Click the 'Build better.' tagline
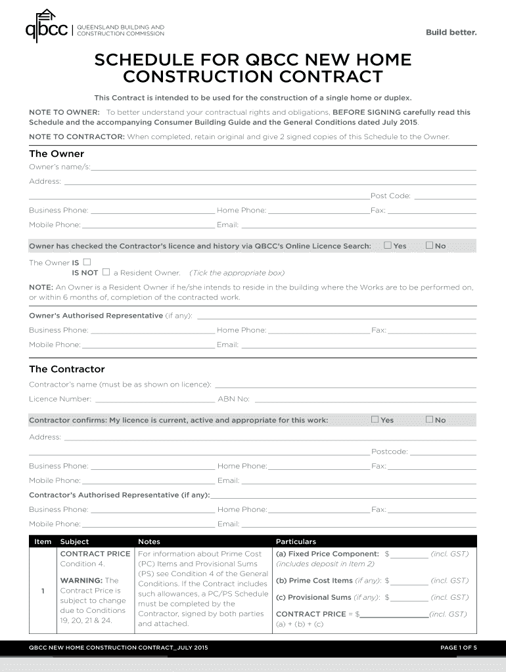[x=451, y=32]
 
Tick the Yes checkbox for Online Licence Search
[x=388, y=245]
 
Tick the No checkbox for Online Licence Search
[x=429, y=245]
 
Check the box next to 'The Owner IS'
[x=86, y=262]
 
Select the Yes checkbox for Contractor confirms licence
[x=375, y=419]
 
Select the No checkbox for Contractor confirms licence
[x=429, y=419]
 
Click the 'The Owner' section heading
[x=57, y=154]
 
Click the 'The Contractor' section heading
[x=66, y=369]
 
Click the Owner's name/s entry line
[x=283, y=167]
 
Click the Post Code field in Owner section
[x=445, y=196]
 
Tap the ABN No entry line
[x=365, y=399]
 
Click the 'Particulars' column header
[x=296, y=541]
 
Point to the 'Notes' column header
[x=149, y=541]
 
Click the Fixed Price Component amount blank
[x=410, y=555]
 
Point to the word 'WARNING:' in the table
[x=81, y=580]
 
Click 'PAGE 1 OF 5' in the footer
[x=458, y=648]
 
